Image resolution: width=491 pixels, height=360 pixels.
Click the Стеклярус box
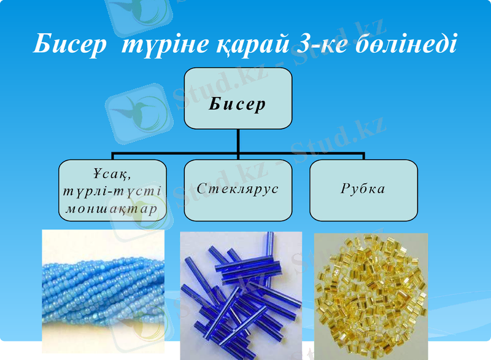click(x=238, y=190)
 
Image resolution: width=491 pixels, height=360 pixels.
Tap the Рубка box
click(x=363, y=190)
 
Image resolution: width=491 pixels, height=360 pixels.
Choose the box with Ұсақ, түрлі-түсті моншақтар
click(x=112, y=190)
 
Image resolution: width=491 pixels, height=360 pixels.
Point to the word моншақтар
click(x=112, y=208)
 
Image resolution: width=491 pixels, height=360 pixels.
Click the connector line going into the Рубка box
click(x=363, y=156)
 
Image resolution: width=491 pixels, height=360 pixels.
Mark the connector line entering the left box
click(x=112, y=156)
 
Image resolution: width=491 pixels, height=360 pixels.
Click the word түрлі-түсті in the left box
click(x=112, y=190)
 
